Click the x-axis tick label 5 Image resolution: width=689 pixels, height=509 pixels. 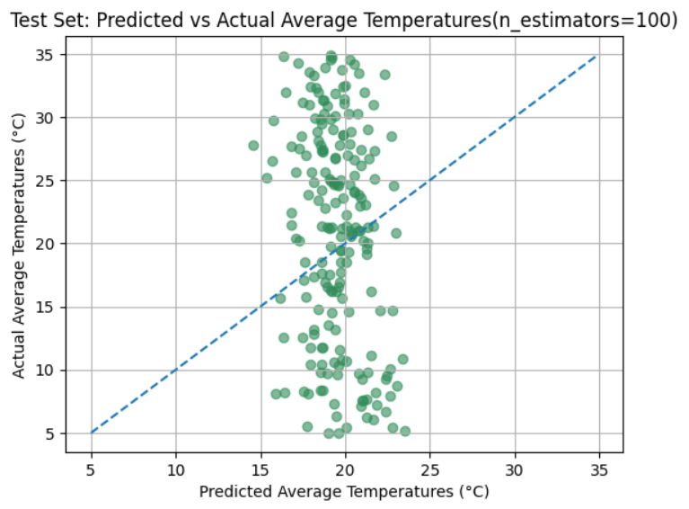click(x=91, y=469)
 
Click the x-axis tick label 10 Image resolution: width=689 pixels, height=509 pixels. click(x=176, y=469)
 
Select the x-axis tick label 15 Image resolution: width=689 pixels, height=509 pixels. click(x=261, y=469)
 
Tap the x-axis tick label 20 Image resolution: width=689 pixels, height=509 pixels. click(x=346, y=469)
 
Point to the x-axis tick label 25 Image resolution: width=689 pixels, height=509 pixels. click(x=430, y=469)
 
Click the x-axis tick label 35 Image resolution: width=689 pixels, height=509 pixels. click(x=600, y=469)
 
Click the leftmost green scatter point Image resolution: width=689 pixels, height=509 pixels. click(x=253, y=146)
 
